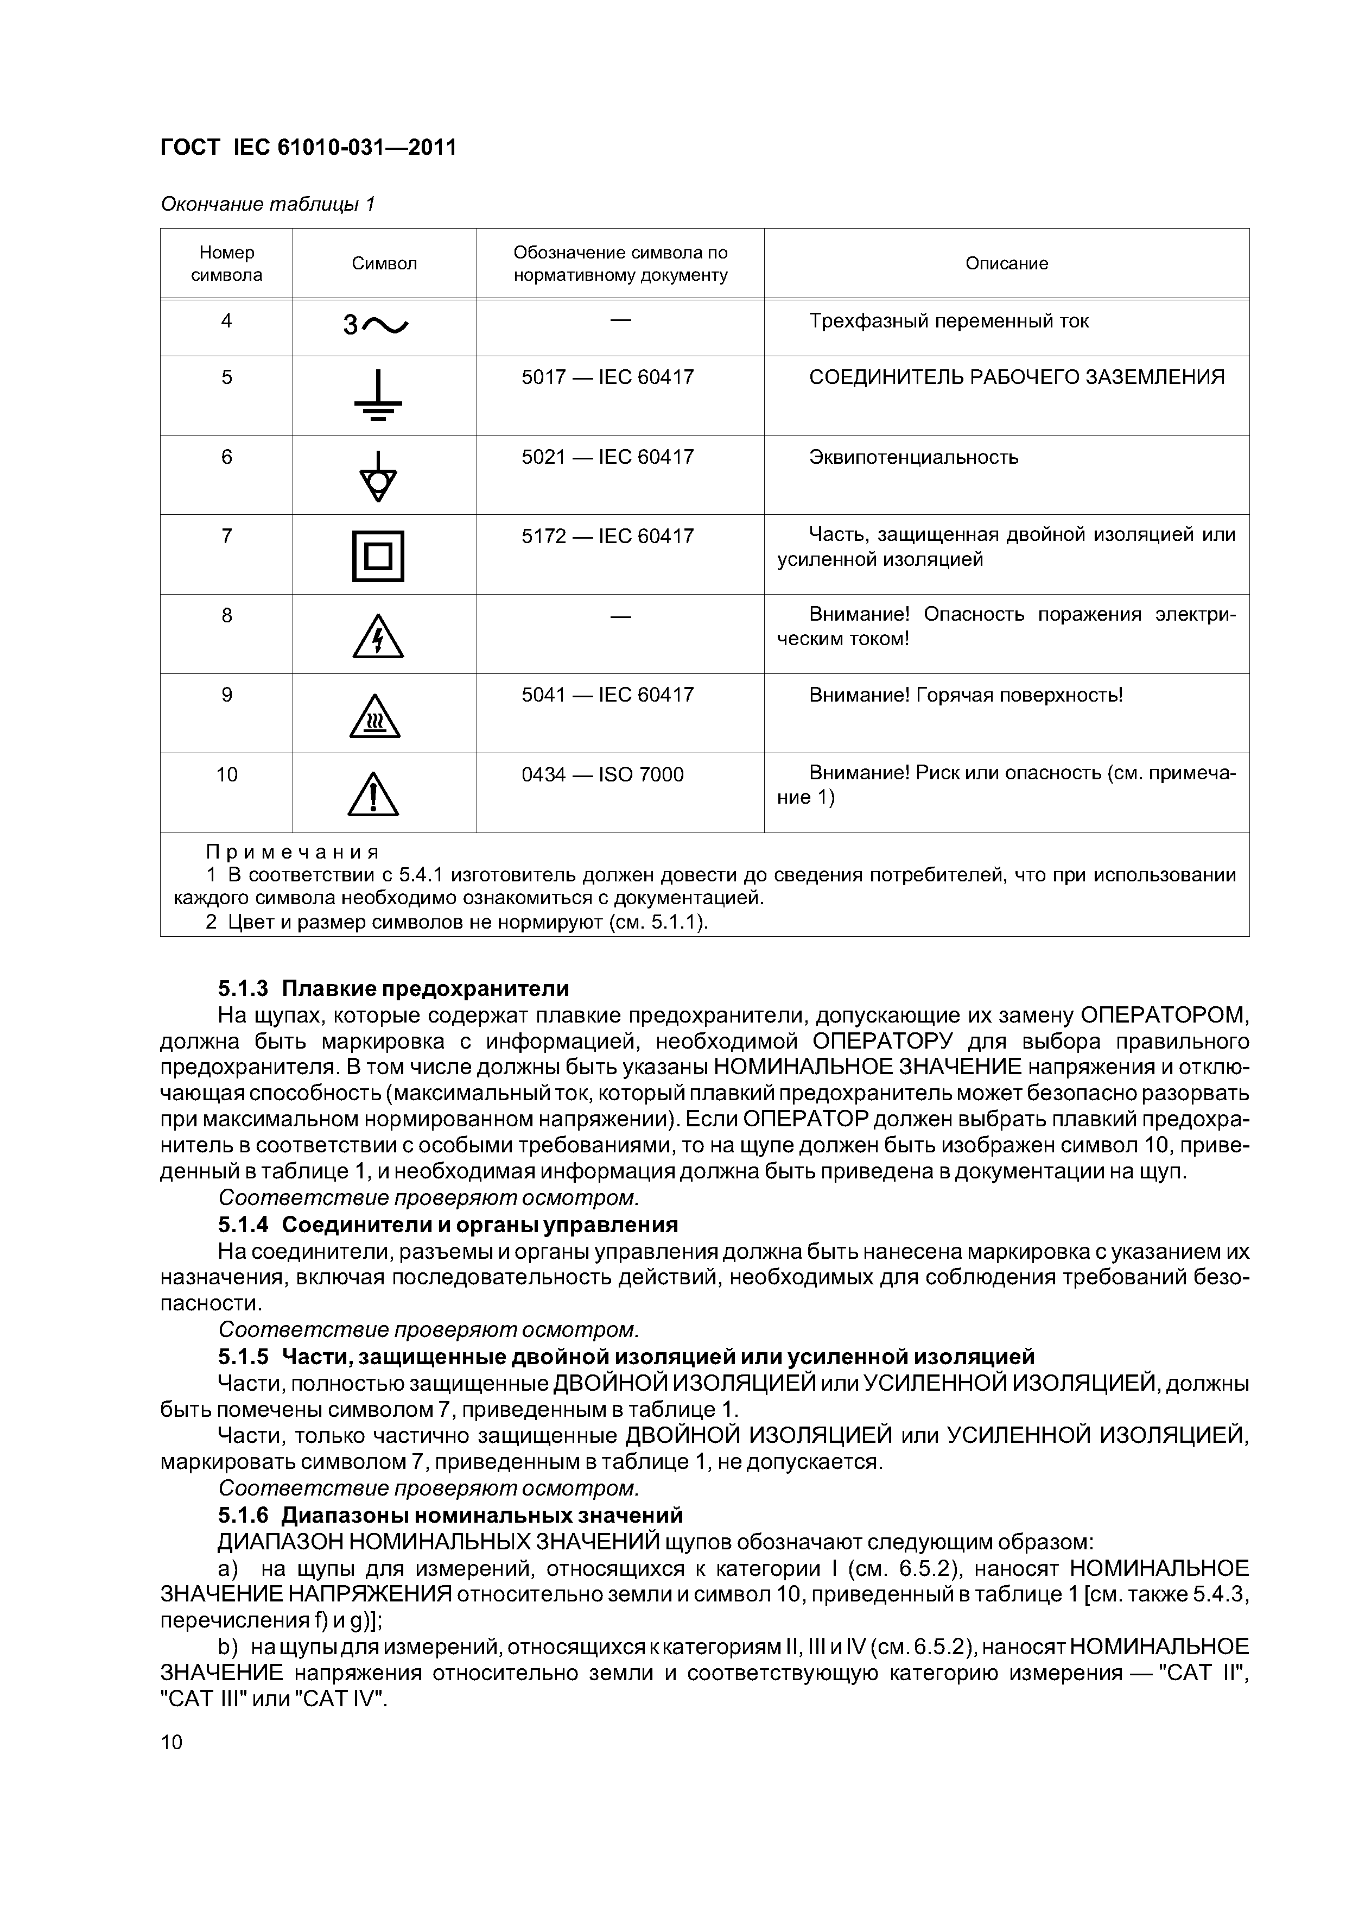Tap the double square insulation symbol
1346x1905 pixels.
[x=378, y=556]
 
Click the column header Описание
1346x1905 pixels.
[x=1006, y=264]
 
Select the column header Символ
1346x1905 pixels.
[x=384, y=264]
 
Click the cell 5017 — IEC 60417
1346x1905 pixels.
[x=607, y=377]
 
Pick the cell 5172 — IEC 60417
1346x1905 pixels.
[x=607, y=537]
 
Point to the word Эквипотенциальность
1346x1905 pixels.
[x=913, y=457]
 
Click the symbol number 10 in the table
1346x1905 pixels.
[x=226, y=775]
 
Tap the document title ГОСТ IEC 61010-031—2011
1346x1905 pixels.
[x=308, y=148]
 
